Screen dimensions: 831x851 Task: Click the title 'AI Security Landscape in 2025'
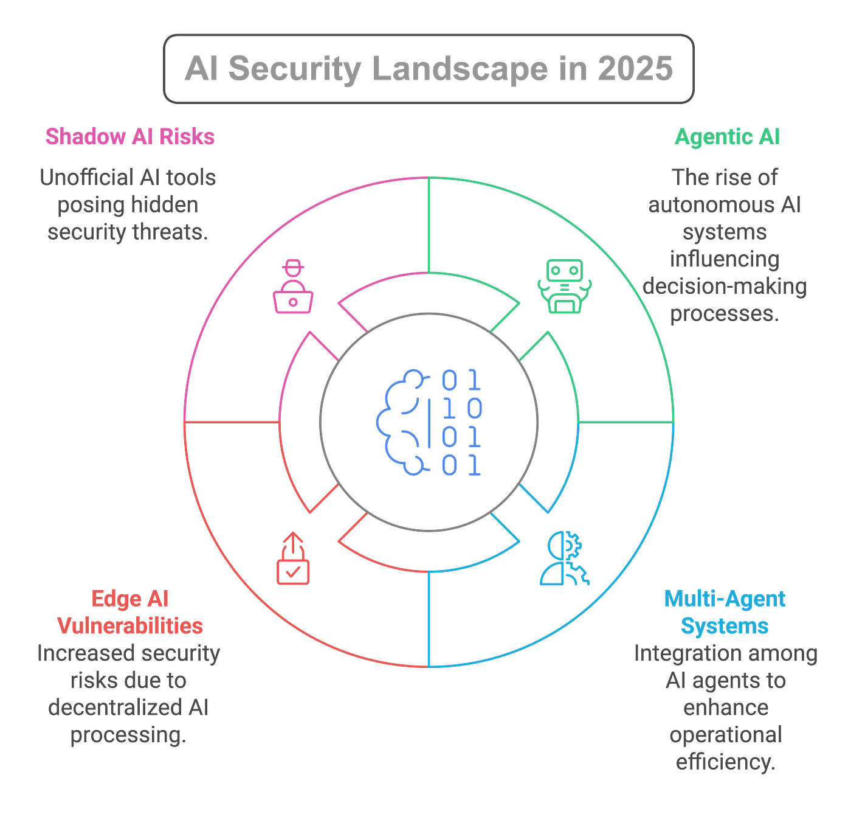coord(428,68)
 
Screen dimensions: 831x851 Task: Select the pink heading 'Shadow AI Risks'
coord(129,137)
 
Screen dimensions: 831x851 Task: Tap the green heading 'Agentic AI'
coord(726,137)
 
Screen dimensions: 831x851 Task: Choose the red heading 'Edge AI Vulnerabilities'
coord(129,612)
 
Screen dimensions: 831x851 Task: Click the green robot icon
coord(564,287)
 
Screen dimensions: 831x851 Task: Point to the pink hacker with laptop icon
coord(293,287)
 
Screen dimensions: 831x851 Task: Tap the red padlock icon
coord(293,559)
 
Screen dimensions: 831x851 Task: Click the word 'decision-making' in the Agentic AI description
coord(724,287)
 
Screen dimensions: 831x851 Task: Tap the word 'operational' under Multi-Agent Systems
coord(725,735)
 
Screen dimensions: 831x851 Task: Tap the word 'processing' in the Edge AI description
coord(128,735)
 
